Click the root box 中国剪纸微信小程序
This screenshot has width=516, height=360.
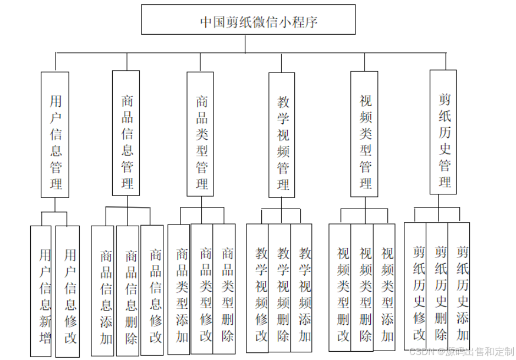(248, 21)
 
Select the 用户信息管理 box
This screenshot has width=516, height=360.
(55, 135)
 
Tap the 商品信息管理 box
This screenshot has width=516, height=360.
(126, 133)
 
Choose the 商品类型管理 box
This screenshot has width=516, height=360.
(200, 134)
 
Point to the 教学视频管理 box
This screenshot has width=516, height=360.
(282, 135)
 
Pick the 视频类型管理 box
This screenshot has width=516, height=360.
(364, 134)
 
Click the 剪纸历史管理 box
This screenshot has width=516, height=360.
(443, 132)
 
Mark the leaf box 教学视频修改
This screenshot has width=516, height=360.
(257, 288)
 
